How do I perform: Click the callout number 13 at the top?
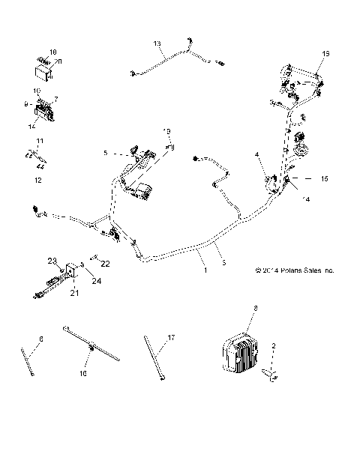coord(157,44)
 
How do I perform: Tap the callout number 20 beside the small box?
coord(59,60)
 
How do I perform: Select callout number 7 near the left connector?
coord(55,98)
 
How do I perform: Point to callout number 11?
coord(40,141)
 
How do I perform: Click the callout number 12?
coord(38,180)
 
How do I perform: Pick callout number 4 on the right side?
coord(256,155)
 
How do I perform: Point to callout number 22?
coord(106,264)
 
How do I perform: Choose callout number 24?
coord(97,281)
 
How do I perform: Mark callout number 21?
coord(74,292)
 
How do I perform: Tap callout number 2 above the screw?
coord(274,345)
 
